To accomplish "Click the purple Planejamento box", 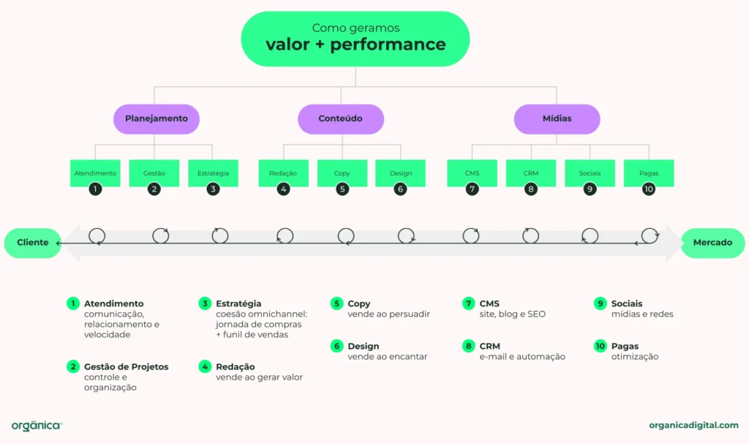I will [157, 118].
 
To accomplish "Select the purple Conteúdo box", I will [340, 118].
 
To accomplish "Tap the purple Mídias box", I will [557, 118].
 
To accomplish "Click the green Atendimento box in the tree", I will [95, 173].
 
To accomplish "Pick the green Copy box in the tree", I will [342, 173].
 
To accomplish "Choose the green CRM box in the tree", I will [531, 173].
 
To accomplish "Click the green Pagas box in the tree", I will [649, 173].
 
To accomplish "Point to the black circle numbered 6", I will [400, 189].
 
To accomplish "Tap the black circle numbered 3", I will [213, 189].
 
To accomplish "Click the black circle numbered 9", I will [590, 189].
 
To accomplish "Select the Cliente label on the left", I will [33, 243].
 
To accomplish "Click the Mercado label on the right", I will [712, 243].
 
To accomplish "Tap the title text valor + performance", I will [355, 45].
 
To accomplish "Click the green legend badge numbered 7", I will [468, 304].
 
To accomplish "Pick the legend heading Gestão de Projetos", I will [126, 366].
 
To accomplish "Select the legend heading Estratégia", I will [238, 304].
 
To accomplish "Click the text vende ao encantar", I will [387, 356].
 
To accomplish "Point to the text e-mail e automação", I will [522, 356].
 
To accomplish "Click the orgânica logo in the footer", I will [37, 426].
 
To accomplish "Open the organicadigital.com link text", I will [693, 425].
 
